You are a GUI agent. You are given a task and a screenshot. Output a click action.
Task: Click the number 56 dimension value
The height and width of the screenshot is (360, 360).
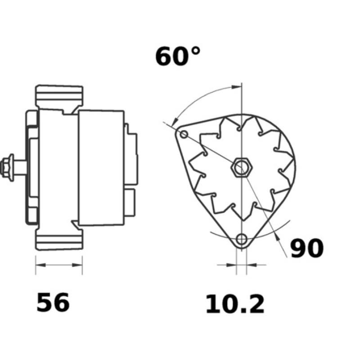coord(53,302)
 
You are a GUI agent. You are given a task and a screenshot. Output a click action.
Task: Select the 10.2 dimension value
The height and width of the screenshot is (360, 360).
coord(235,304)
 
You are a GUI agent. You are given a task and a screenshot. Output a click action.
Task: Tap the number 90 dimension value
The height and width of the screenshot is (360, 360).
coord(306,249)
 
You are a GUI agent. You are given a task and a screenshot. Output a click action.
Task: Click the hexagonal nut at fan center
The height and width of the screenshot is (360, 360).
coord(241,168)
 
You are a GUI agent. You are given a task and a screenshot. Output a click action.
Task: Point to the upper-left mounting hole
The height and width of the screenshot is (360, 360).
coord(184,134)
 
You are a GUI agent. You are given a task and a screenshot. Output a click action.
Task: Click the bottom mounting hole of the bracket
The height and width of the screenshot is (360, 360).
coord(242,238)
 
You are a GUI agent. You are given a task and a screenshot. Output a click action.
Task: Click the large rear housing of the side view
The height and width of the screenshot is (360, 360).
coord(101,167)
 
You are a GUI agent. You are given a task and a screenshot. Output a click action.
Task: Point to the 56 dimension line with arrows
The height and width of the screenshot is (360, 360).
coord(59,265)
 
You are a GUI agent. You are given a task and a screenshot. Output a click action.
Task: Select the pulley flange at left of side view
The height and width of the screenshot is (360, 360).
coord(31,167)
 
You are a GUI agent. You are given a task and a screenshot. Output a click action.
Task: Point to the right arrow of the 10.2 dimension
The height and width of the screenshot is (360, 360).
coord(252,265)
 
